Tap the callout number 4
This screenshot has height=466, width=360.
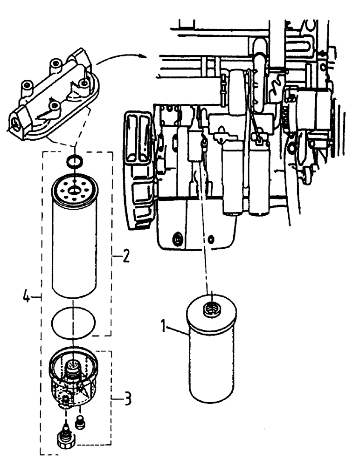[x=28, y=296]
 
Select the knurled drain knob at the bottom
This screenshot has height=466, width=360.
[x=64, y=439]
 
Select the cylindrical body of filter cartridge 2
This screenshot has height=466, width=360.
[x=74, y=247]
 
